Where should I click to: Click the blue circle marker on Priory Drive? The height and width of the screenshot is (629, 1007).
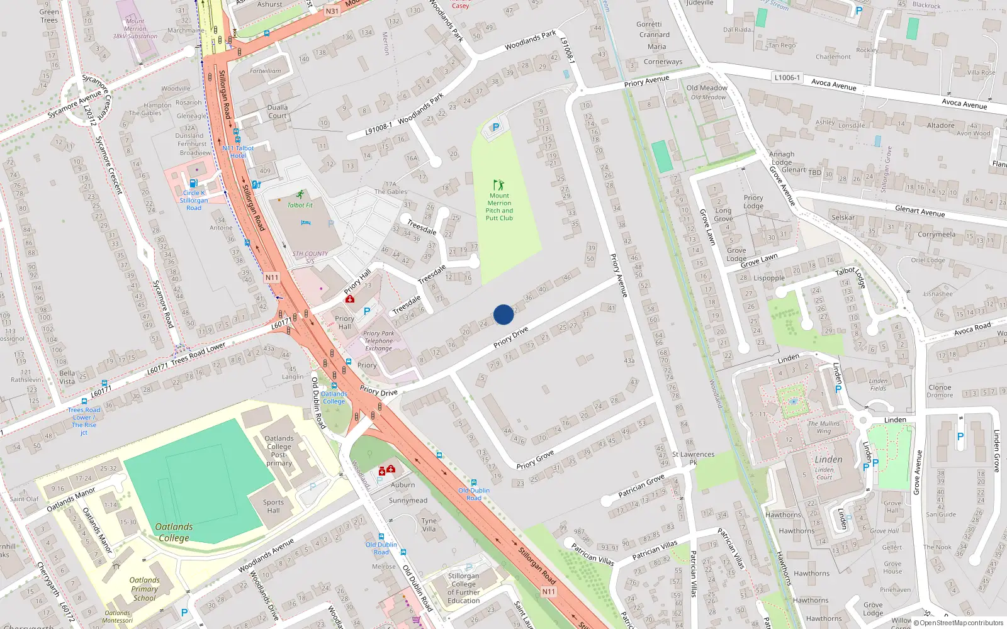pyautogui.click(x=503, y=314)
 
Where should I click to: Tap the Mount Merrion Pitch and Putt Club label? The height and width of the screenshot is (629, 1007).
pyautogui.click(x=499, y=207)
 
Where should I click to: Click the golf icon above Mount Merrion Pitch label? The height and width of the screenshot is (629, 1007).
pyautogui.click(x=498, y=185)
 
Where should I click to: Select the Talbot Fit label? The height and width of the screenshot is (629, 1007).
pyautogui.click(x=300, y=205)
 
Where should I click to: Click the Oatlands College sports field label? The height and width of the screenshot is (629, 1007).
pyautogui.click(x=174, y=532)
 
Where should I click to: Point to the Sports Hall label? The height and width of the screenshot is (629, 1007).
pyautogui.click(x=273, y=506)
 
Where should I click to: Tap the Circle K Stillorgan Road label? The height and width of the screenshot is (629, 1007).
pyautogui.click(x=194, y=200)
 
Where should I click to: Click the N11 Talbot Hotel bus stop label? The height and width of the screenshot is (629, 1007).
pyautogui.click(x=238, y=152)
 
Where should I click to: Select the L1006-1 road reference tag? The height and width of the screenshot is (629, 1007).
pyautogui.click(x=787, y=77)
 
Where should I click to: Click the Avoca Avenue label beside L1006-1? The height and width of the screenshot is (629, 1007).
pyautogui.click(x=833, y=85)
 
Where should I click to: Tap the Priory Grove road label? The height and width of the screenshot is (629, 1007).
pyautogui.click(x=535, y=459)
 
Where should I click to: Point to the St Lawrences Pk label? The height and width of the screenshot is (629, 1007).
pyautogui.click(x=693, y=458)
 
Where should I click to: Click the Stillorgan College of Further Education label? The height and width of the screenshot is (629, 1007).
pyautogui.click(x=464, y=588)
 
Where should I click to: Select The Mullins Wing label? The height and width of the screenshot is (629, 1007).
pyautogui.click(x=824, y=427)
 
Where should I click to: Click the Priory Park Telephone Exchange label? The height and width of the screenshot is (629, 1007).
pyautogui.click(x=378, y=341)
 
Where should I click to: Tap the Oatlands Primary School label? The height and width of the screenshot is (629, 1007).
pyautogui.click(x=144, y=589)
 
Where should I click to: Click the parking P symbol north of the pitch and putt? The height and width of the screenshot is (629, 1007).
pyautogui.click(x=495, y=128)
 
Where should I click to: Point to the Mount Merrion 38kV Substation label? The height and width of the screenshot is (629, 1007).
pyautogui.click(x=135, y=28)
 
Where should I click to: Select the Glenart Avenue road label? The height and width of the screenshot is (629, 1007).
pyautogui.click(x=920, y=211)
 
